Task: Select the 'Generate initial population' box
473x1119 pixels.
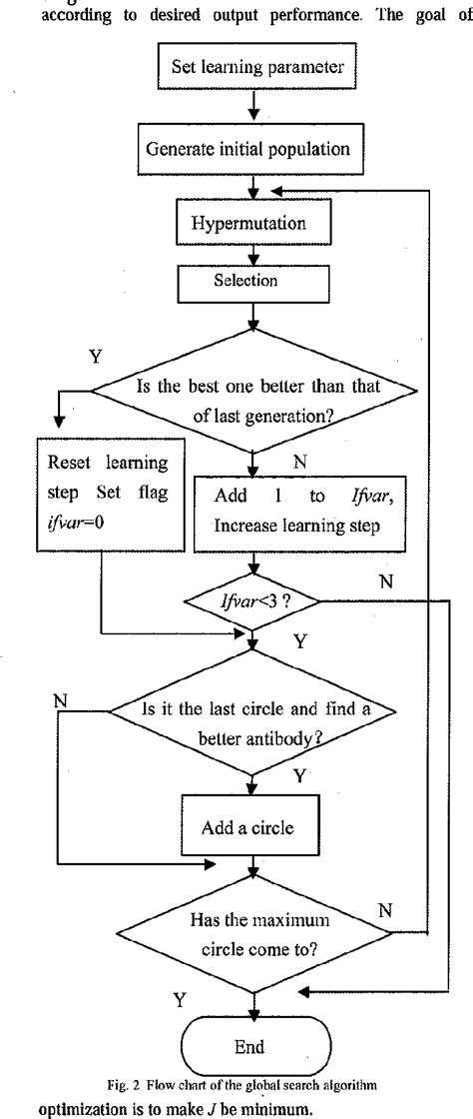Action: coord(254,148)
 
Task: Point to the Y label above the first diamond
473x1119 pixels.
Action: coord(96,357)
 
